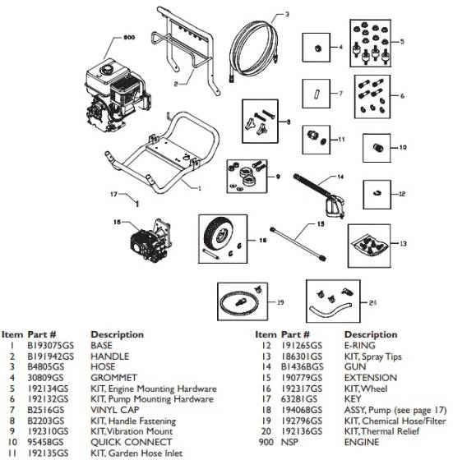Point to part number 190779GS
tap(301, 378)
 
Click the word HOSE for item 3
tap(104, 367)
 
